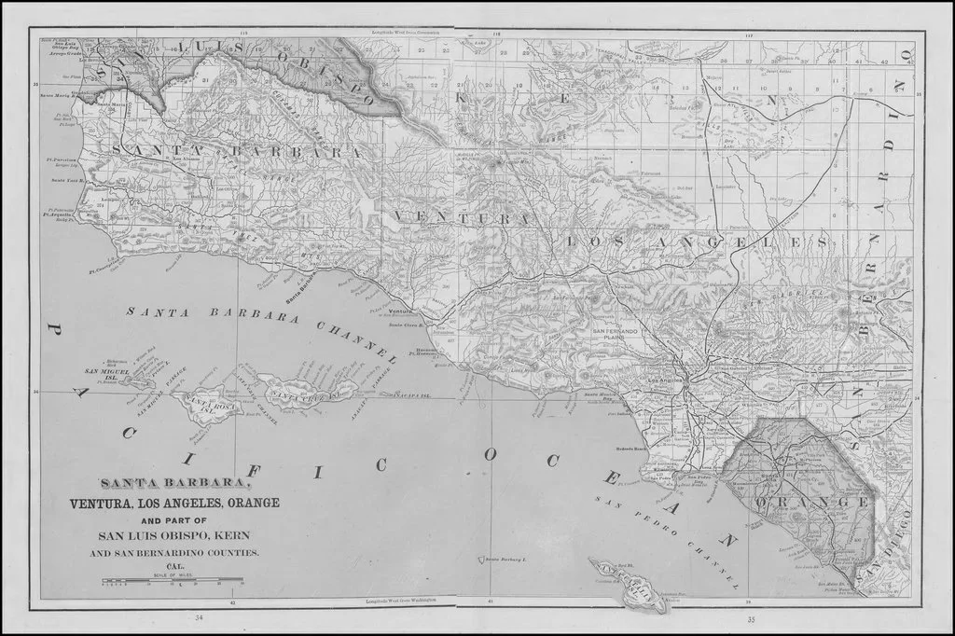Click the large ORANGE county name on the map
pyautogui.click(x=796, y=503)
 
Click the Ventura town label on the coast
pyautogui.click(x=401, y=311)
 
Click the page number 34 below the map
pyautogui.click(x=198, y=618)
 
